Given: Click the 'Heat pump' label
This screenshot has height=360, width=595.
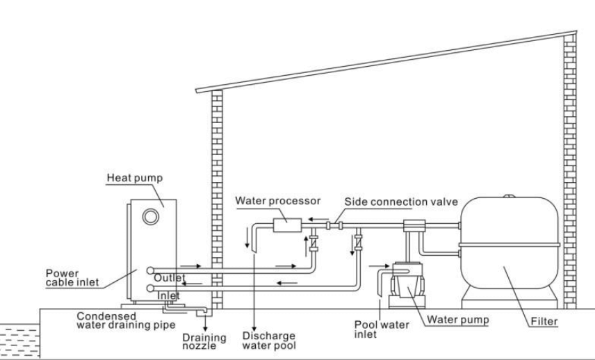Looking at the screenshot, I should click(134, 178).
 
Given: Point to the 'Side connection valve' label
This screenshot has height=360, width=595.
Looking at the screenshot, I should click(401, 202).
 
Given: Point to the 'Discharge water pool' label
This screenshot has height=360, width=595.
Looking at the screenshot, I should click(268, 340).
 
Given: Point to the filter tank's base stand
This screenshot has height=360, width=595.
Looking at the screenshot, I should click(511, 300).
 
